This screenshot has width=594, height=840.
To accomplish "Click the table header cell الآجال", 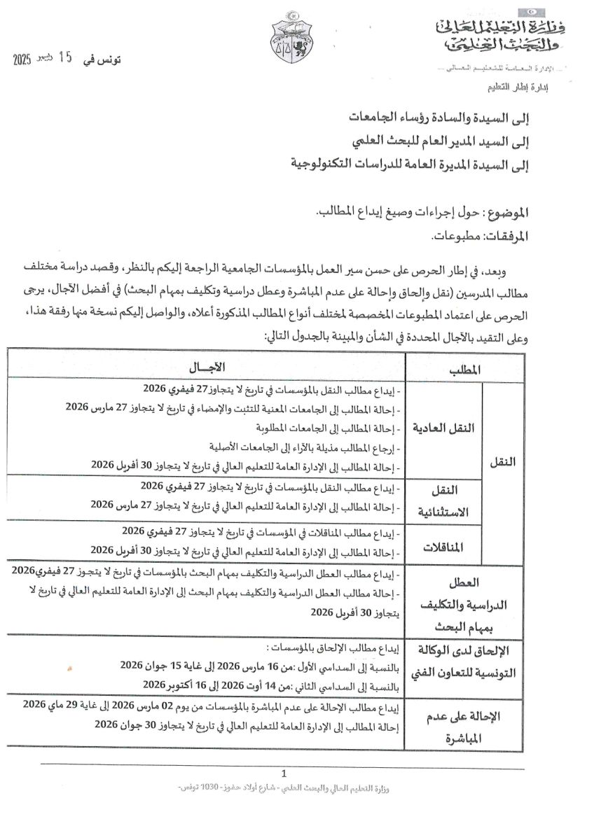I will [209, 367].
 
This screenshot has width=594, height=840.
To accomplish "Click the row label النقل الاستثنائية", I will [451, 501].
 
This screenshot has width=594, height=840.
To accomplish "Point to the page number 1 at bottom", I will [284, 773].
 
